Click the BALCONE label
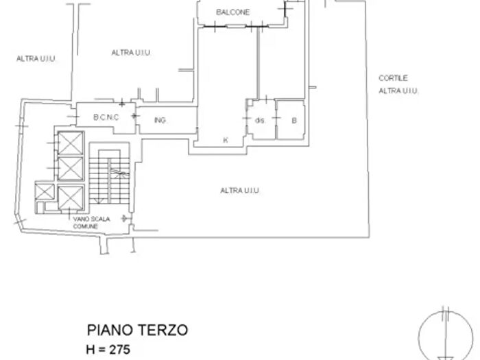pyautogui.click(x=232, y=12)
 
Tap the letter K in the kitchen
pyautogui.click(x=225, y=140)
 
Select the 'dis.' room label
pyautogui.click(x=259, y=121)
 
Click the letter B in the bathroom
pyautogui.click(x=293, y=121)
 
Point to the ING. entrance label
pyautogui.click(x=160, y=121)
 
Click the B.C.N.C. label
pyautogui.click(x=106, y=117)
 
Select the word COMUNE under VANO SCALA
pyautogui.click(x=87, y=226)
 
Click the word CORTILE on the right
pyautogui.click(x=393, y=79)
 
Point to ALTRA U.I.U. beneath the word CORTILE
pyautogui.click(x=398, y=91)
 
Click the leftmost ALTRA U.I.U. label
pyautogui.click(x=36, y=59)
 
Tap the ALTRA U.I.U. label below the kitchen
pyautogui.click(x=239, y=191)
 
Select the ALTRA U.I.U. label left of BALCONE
pyautogui.click(x=131, y=52)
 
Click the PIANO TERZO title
pyautogui.click(x=137, y=331)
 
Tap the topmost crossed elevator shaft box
pyautogui.click(x=70, y=143)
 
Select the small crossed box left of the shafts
pyautogui.click(x=45, y=191)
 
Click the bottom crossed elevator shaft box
pyautogui.click(x=70, y=196)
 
